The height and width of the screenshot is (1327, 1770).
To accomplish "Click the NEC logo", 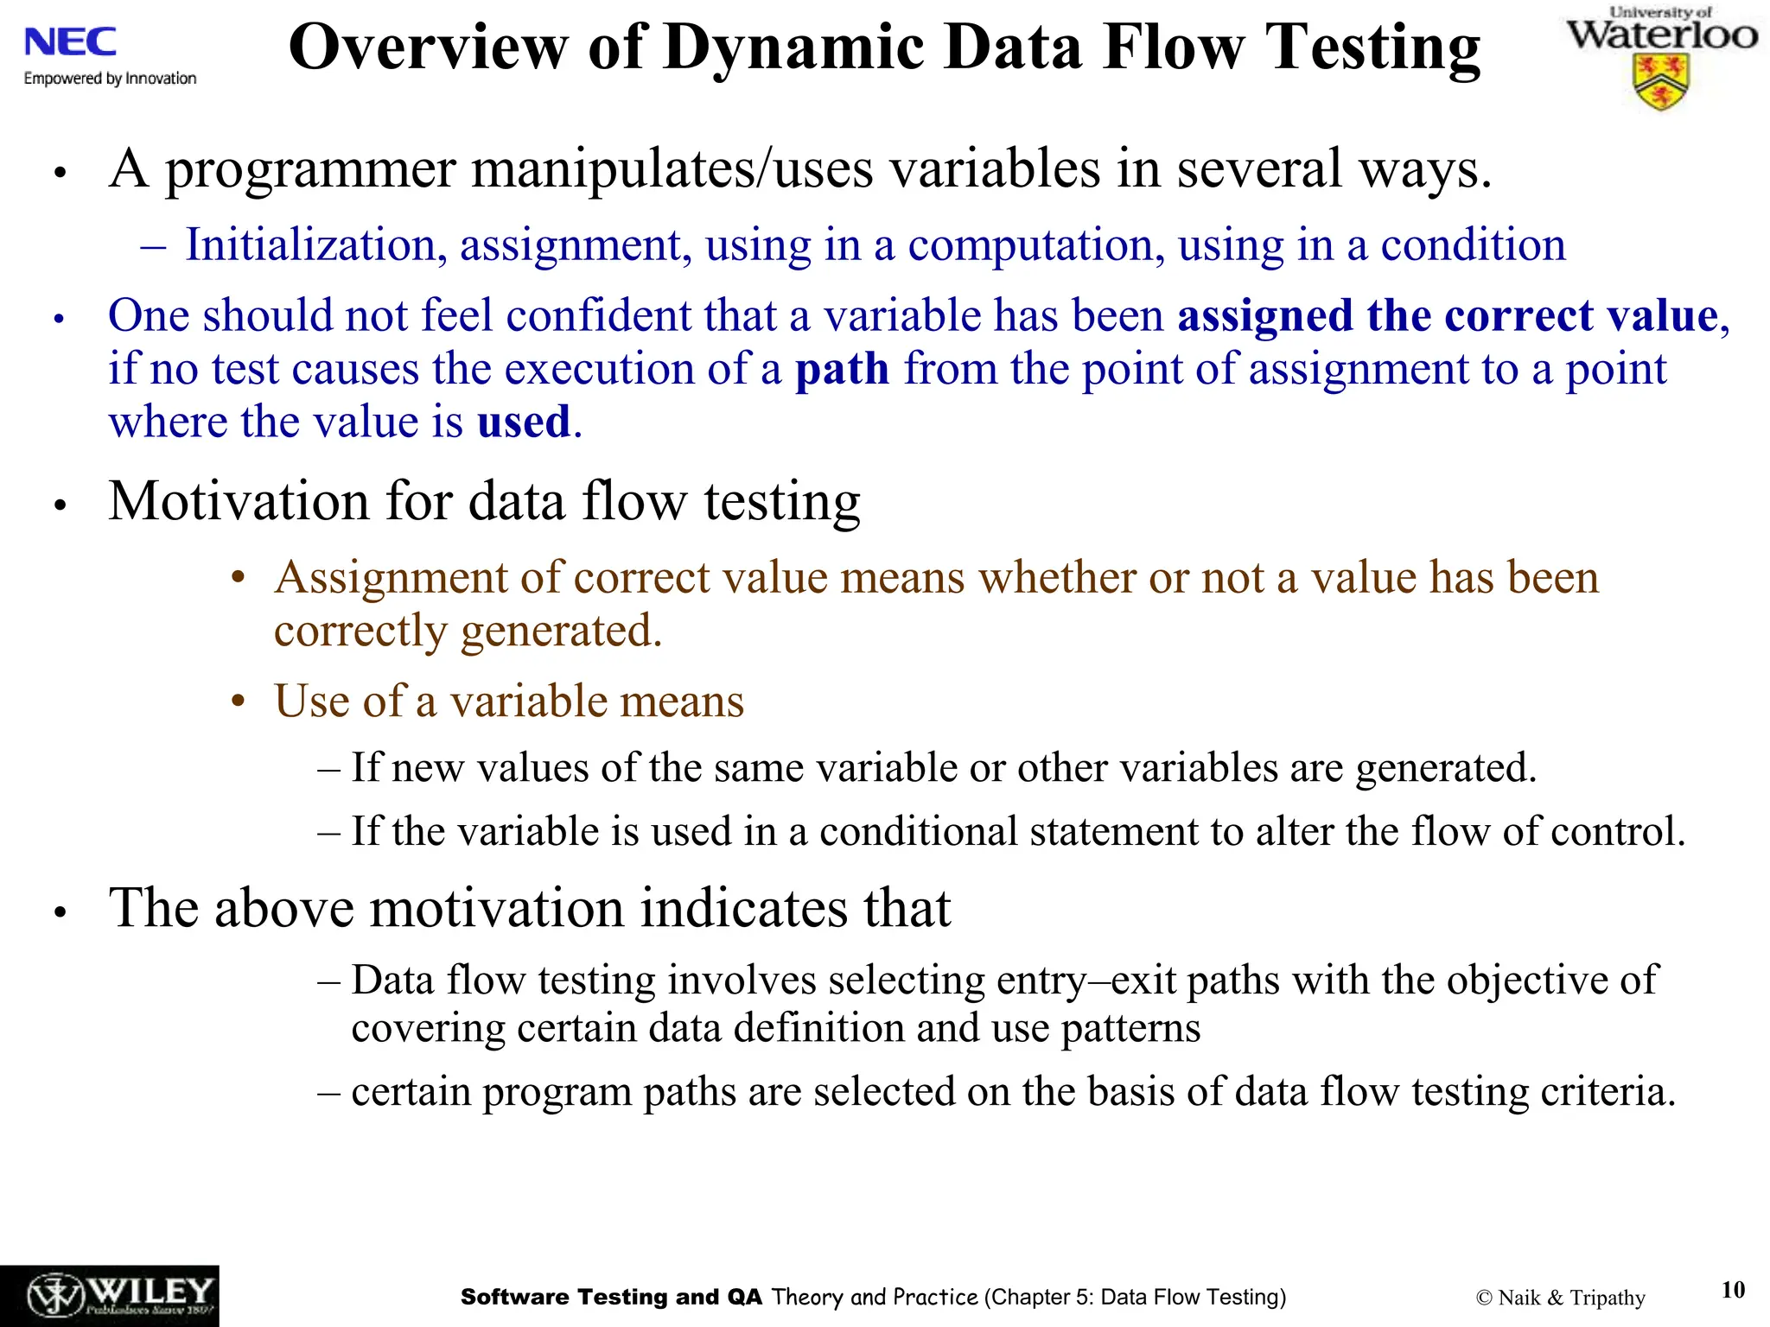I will [70, 41].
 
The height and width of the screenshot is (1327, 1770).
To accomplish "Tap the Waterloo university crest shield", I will [1660, 82].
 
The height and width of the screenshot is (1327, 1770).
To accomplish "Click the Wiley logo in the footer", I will [110, 1296].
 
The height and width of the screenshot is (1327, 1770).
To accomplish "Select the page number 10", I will [1732, 1289].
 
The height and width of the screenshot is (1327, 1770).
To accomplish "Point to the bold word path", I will [842, 369].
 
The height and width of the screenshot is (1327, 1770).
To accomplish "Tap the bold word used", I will [524, 422].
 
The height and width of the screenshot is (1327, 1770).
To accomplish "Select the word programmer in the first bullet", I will [310, 169].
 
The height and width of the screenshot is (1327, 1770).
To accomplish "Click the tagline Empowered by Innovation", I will [110, 79].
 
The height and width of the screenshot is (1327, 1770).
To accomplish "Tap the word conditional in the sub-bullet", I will [918, 832].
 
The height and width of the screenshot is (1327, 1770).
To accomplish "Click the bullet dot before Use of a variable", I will [239, 702].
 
